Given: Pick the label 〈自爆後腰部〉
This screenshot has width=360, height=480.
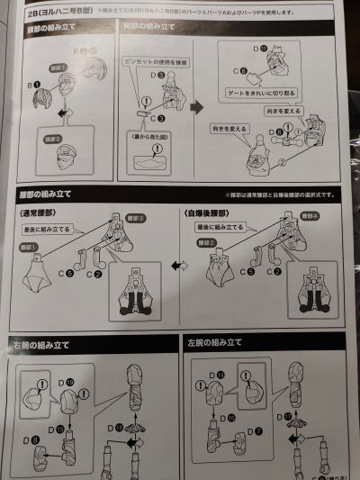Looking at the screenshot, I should [x=213, y=213].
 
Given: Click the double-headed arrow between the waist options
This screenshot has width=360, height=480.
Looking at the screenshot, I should [x=180, y=266].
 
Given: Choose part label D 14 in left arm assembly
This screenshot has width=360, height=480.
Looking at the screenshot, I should [x=197, y=375].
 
